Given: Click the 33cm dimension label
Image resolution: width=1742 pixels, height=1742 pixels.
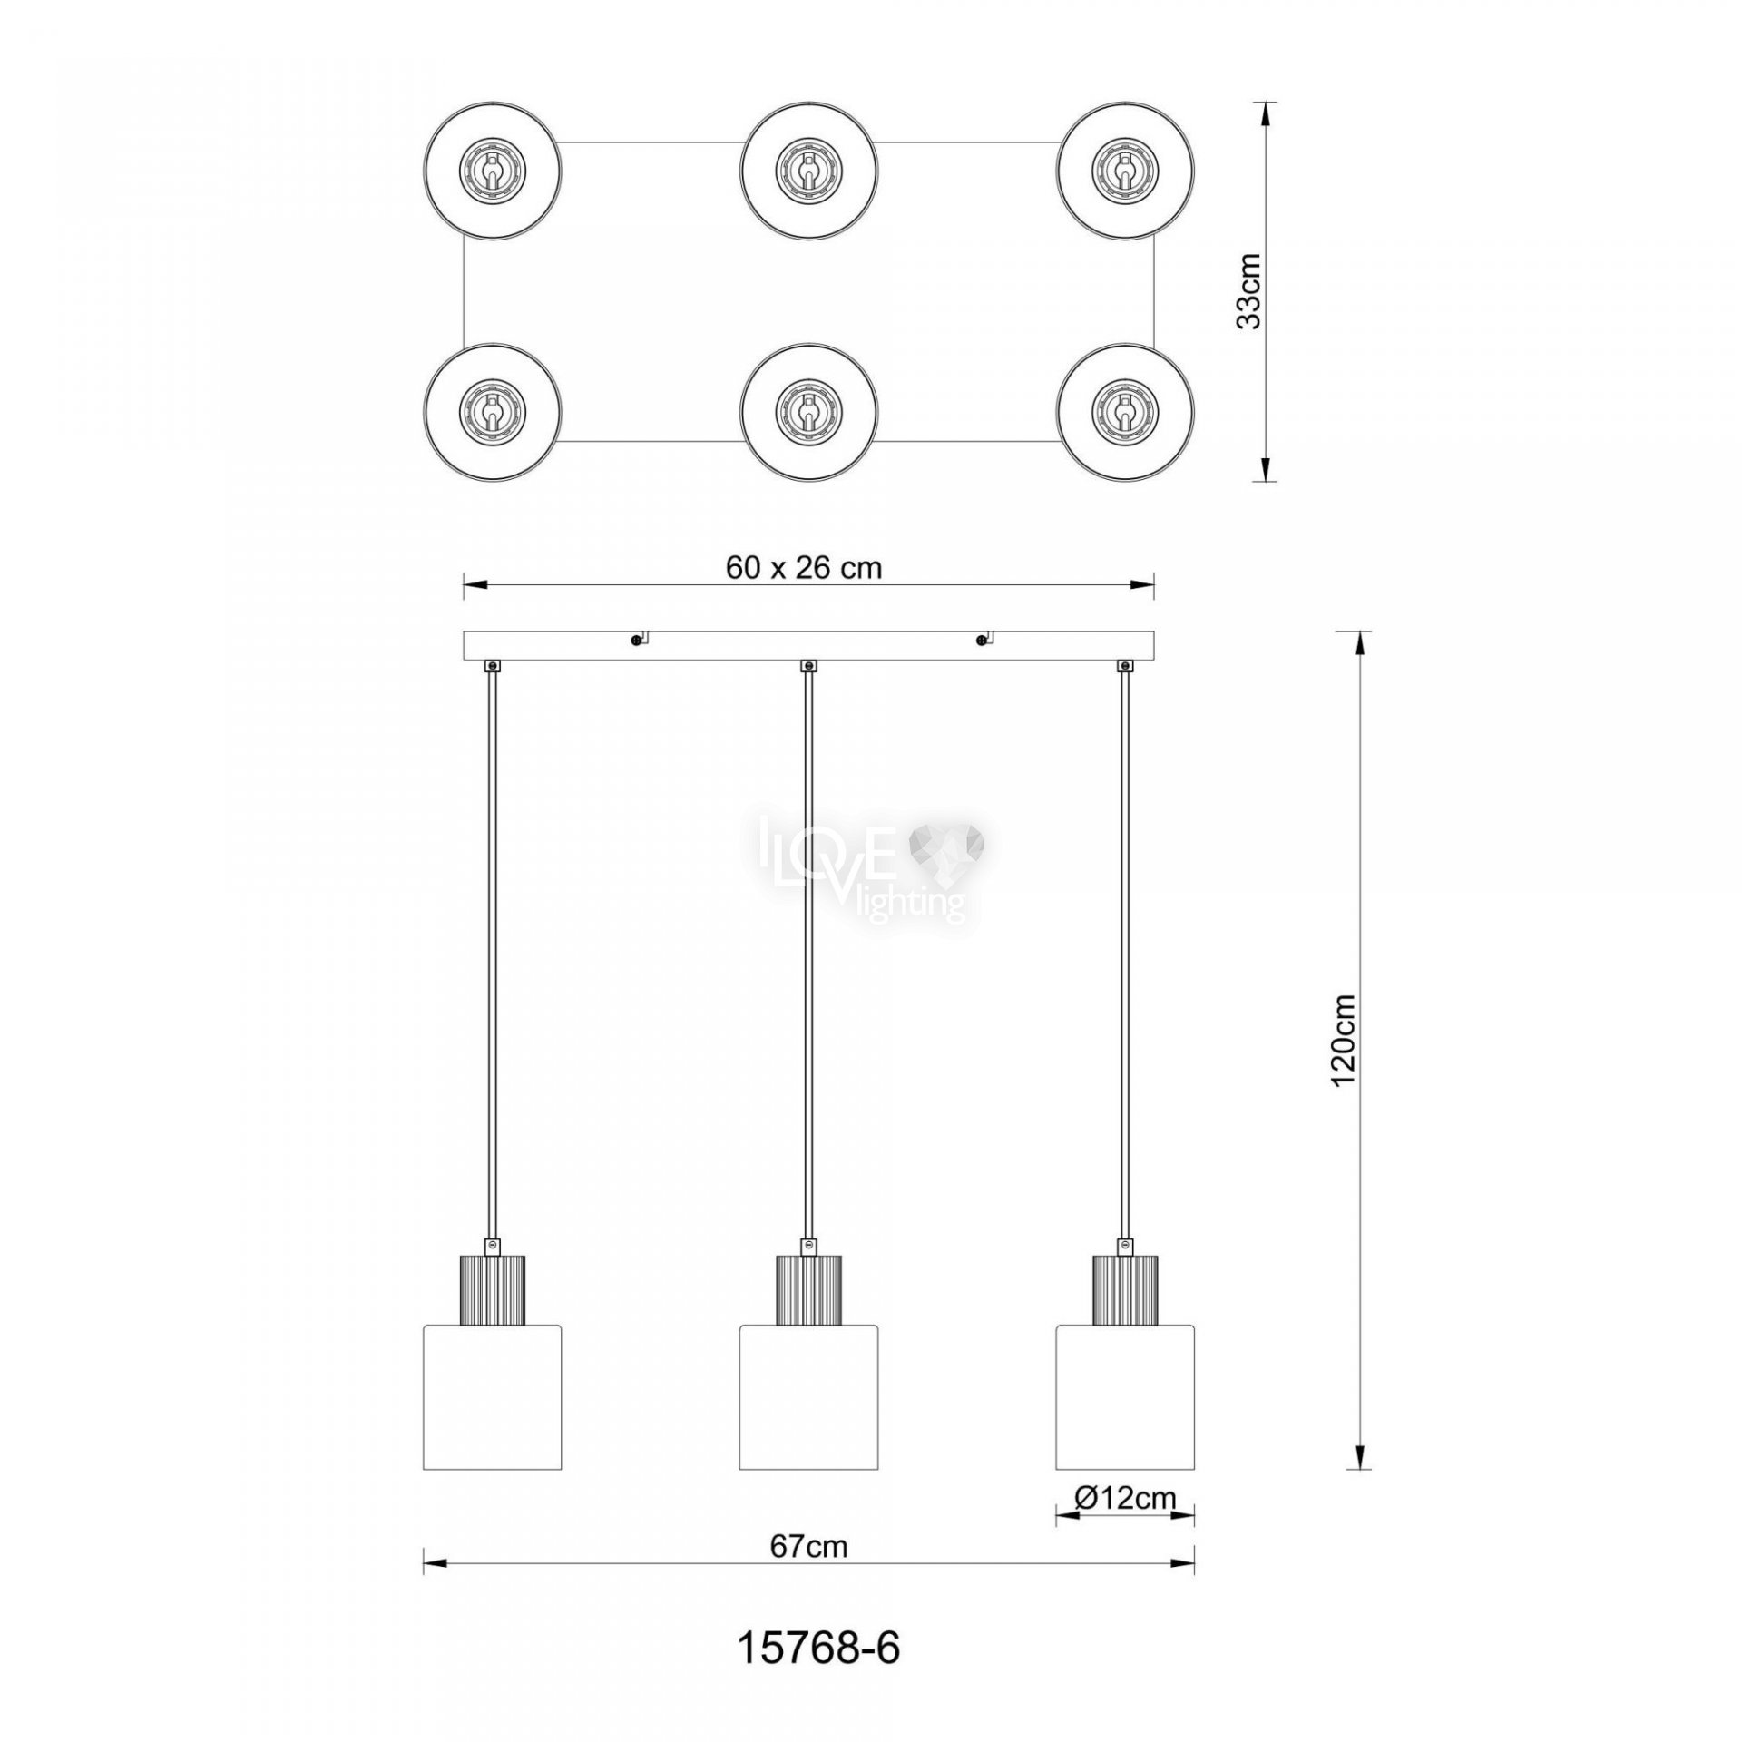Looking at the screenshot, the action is coord(1249,290).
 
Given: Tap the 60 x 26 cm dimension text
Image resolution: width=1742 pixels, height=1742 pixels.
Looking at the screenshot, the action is coord(804,567).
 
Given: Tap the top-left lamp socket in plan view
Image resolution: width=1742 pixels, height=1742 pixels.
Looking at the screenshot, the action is coord(491,170).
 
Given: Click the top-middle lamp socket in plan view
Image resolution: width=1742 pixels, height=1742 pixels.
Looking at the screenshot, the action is coord(807,170).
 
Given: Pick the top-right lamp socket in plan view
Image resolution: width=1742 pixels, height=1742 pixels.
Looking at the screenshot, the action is coord(1125,170).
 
